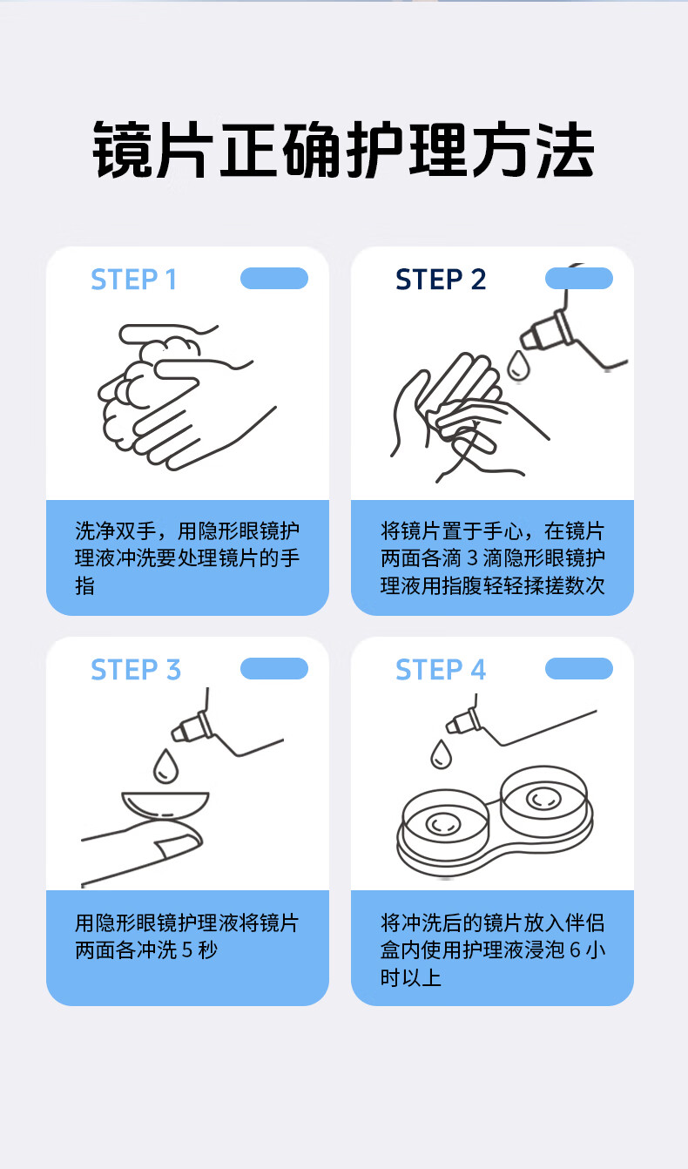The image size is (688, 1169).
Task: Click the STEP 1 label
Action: (x=133, y=280)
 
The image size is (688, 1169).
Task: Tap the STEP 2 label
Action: (x=441, y=280)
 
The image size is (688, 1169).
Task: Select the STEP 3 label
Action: (x=136, y=670)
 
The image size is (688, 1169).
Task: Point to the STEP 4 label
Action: (x=441, y=670)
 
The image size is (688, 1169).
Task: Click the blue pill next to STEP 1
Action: (x=274, y=278)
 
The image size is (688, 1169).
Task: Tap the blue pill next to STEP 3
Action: (x=274, y=668)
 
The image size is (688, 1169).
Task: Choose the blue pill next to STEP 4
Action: (x=579, y=668)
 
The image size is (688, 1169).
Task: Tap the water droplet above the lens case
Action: (x=441, y=754)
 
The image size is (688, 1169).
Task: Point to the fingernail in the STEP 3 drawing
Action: (x=179, y=847)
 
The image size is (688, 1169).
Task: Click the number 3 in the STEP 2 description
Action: (x=472, y=558)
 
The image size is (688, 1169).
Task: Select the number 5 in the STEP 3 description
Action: (x=187, y=950)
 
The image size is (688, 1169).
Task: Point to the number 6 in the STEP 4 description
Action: (x=575, y=950)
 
